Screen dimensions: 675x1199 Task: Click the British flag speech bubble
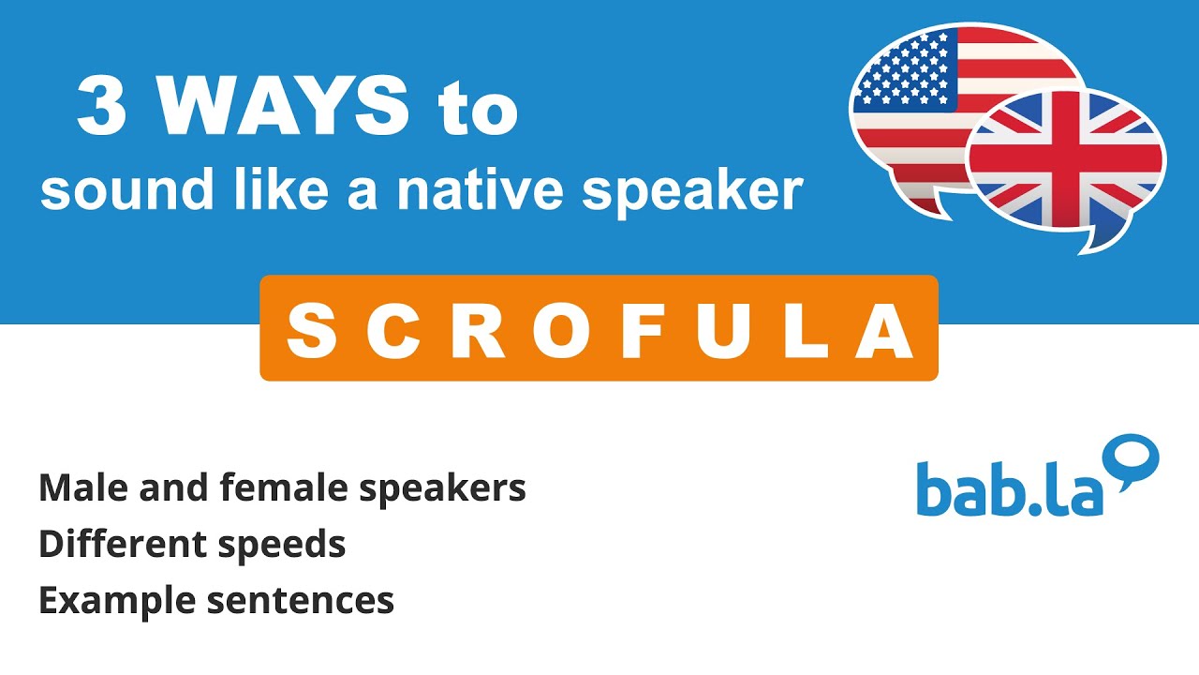tap(1067, 164)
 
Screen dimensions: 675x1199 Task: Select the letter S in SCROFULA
tap(310, 331)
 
